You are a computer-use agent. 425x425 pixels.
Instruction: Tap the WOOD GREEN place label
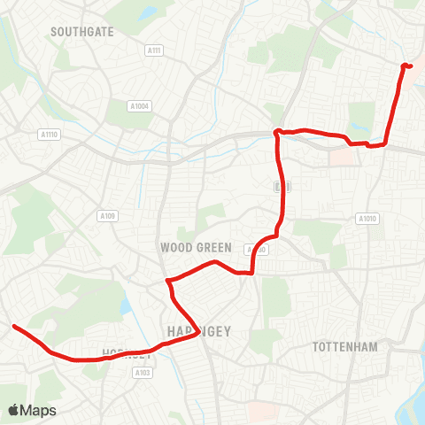point(196,247)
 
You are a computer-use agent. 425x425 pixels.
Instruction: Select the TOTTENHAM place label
point(344,346)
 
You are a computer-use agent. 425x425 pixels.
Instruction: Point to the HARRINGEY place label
point(198,331)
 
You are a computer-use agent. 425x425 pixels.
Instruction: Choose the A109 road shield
point(108,215)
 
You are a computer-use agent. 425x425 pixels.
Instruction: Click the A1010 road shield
point(366,218)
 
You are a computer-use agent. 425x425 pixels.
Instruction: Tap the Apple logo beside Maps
point(13,410)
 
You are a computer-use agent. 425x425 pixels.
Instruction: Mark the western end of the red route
point(14,327)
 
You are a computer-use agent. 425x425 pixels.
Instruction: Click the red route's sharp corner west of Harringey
point(166,282)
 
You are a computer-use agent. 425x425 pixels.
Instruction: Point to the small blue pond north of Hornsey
point(125,306)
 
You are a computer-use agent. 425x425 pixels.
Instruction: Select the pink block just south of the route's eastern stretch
point(341,156)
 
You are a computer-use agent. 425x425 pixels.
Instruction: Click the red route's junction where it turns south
point(277,133)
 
